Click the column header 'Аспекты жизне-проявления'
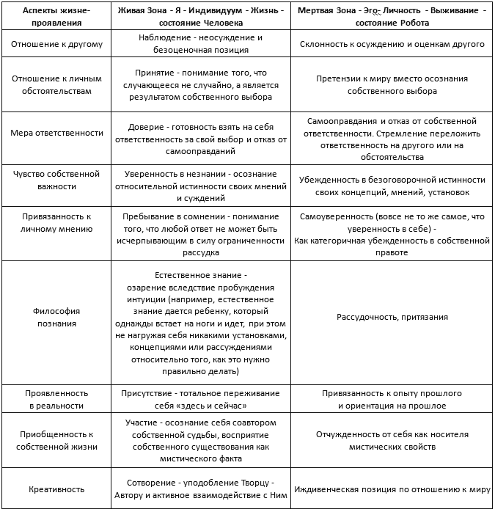(x=56, y=17)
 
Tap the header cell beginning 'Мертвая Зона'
(x=392, y=17)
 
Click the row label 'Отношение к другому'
(x=56, y=44)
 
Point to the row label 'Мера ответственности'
(x=56, y=133)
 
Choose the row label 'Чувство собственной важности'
(x=56, y=180)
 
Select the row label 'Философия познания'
(x=56, y=318)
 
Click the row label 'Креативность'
(x=56, y=489)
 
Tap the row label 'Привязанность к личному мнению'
(x=56, y=223)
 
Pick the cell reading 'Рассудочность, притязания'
(x=392, y=318)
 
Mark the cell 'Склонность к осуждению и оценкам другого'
(x=392, y=44)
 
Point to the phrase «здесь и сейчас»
(x=218, y=406)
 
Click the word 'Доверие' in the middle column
(x=144, y=127)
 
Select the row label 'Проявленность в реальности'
(x=56, y=399)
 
